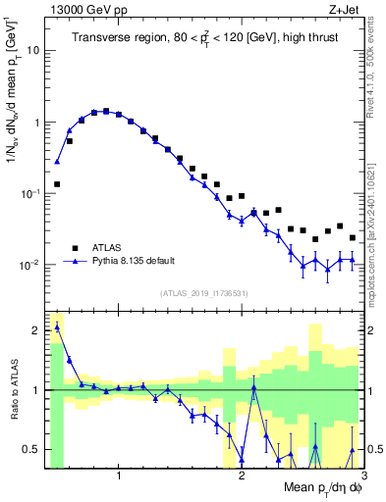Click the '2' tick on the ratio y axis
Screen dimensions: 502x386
pos(37,330)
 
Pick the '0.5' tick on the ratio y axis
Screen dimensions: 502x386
pos(33,449)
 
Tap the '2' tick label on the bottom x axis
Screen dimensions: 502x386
pos(242,476)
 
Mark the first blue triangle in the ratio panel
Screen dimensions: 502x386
pos(57,326)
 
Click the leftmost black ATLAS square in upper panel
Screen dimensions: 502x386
pos(57,183)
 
